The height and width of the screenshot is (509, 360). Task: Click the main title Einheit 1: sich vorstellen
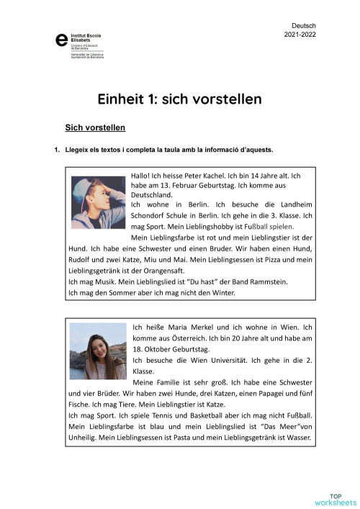[179, 98]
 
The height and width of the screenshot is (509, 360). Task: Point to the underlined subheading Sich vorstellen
[95, 128]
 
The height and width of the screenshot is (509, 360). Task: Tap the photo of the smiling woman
[98, 350]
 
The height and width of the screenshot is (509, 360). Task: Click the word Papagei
[258, 394]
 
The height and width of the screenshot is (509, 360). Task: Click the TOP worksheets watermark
[336, 498]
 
